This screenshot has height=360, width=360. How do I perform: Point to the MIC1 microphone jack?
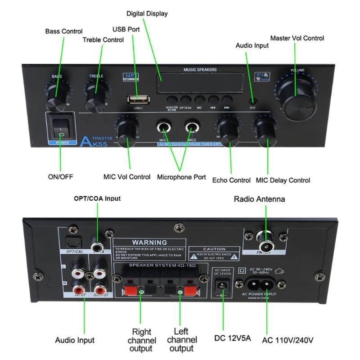164,126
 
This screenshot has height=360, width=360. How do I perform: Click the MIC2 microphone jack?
192,126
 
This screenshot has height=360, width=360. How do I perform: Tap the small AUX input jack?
253,100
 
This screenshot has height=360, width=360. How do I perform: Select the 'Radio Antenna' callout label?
259,199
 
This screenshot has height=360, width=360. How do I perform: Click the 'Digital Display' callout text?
147,13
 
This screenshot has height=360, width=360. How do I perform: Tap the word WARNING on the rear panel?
149,243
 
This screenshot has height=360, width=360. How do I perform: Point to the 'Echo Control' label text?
231,180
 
